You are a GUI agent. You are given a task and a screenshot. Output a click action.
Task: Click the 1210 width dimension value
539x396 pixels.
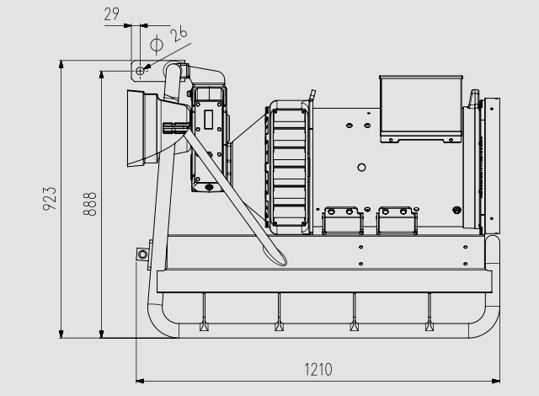pyautogui.click(x=318, y=370)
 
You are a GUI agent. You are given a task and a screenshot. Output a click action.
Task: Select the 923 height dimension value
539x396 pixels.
pyautogui.click(x=50, y=198)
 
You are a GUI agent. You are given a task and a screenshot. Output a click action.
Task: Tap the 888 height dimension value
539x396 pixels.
pyautogui.click(x=90, y=204)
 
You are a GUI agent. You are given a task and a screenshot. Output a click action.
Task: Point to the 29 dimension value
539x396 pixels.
pyautogui.click(x=112, y=14)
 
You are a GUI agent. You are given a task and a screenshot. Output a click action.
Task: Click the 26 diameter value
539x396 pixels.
pyautogui.click(x=179, y=34)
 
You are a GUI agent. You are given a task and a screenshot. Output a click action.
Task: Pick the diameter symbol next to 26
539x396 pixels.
pyautogui.click(x=157, y=45)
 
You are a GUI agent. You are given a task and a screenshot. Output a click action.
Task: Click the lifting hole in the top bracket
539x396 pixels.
pyautogui.click(x=140, y=71)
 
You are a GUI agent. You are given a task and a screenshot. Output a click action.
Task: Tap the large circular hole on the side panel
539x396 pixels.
pyautogui.click(x=361, y=168)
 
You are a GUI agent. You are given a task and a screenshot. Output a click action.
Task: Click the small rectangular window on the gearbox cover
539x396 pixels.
pyautogui.click(x=208, y=120)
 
